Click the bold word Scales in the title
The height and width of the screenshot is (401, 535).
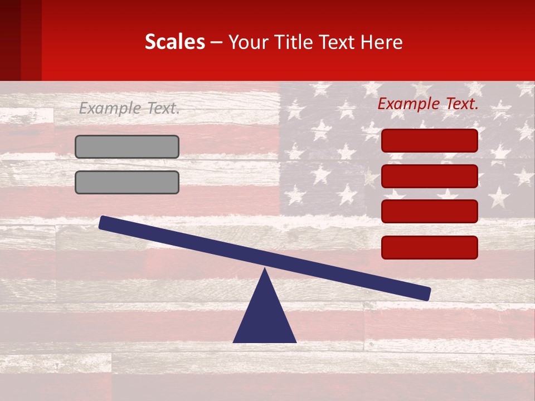[174, 42]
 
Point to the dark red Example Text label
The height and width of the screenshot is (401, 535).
[428, 104]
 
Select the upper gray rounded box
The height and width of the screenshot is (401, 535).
[127, 146]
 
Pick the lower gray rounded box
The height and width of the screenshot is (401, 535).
[127, 182]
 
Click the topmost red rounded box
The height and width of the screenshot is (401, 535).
[430, 140]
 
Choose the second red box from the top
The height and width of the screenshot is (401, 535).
[430, 176]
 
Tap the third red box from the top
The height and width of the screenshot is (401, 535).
[430, 211]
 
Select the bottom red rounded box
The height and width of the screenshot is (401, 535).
[430, 247]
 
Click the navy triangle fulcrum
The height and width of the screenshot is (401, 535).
[265, 317]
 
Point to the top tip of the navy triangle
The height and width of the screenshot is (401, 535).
[265, 270]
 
